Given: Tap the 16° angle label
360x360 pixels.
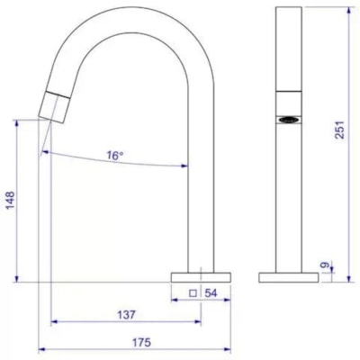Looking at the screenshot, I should (114, 156).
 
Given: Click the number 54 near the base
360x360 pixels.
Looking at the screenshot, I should (212, 293).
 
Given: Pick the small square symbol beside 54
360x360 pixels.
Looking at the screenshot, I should (193, 293).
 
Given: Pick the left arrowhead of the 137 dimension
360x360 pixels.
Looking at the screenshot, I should (53, 322).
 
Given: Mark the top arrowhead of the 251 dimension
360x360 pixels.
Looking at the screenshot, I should (352, 10).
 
